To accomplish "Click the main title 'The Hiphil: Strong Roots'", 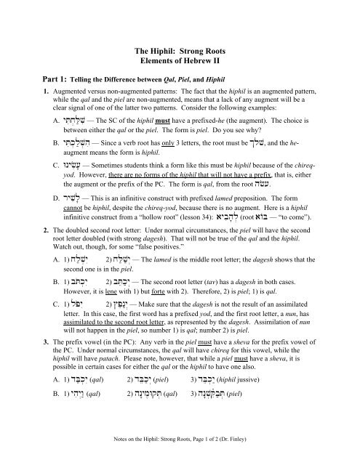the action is point(180,51).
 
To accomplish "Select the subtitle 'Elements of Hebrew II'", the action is point(180,62).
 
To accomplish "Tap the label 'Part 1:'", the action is point(32,82).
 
